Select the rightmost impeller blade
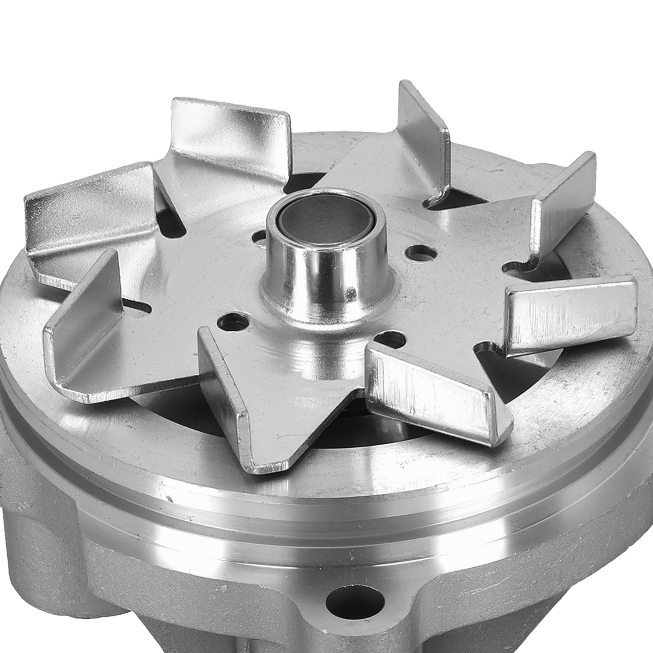click(571, 310)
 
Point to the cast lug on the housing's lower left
click(37, 531)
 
